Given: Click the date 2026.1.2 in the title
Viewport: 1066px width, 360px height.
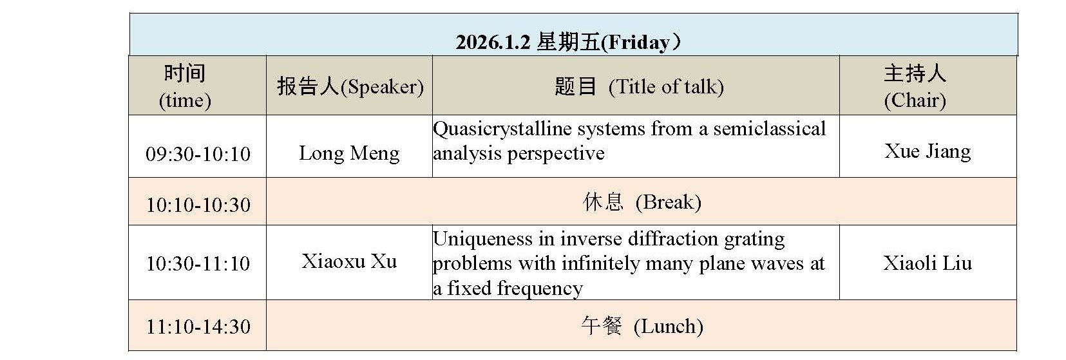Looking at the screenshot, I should (x=493, y=43).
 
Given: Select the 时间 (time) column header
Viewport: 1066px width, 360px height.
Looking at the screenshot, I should (x=185, y=86).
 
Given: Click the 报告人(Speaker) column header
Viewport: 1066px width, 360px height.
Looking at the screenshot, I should (x=350, y=86).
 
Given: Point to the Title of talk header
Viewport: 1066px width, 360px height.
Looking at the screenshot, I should (x=665, y=86).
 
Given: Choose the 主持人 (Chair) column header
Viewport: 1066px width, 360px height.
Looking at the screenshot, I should (x=915, y=86).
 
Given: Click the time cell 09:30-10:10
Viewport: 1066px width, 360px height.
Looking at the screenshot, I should (x=198, y=154).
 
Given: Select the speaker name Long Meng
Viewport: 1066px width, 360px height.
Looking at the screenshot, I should (x=349, y=153).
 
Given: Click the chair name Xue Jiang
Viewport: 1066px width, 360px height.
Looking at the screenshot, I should (x=928, y=151).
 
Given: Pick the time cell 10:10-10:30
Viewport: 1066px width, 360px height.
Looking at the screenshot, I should (x=198, y=205).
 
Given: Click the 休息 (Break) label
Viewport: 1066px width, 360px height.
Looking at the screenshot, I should (x=642, y=202).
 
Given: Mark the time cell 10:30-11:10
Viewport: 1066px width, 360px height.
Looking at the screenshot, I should (x=198, y=263).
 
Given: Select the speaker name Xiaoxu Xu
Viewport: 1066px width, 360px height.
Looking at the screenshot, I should (x=349, y=261).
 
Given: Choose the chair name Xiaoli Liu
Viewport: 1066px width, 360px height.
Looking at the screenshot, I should (x=928, y=263).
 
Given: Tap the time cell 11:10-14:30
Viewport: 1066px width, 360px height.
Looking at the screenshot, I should (x=198, y=327).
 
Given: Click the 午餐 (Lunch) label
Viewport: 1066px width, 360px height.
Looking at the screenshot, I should (x=642, y=327).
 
